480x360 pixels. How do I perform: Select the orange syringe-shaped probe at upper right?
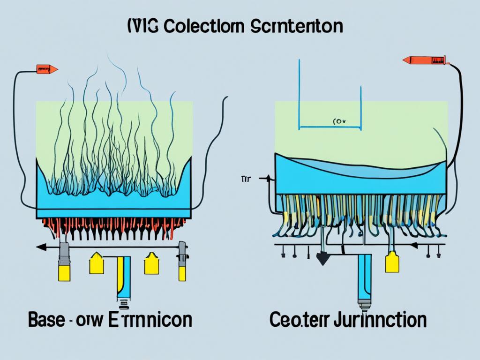(424, 60)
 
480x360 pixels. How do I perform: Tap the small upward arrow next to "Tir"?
(268, 178)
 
